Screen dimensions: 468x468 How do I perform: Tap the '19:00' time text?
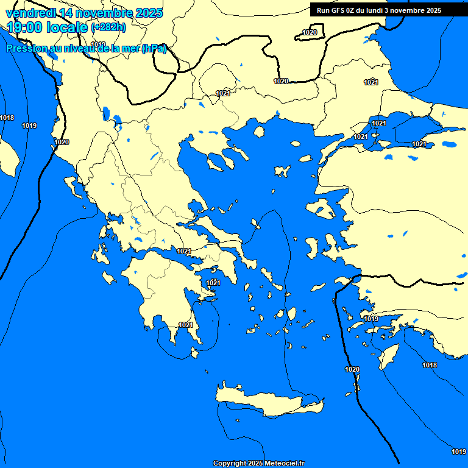point(24,27)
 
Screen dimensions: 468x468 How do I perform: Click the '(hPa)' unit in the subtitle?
point(154,49)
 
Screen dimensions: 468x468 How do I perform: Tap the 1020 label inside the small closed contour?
point(310,32)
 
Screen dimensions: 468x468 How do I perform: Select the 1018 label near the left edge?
point(7,118)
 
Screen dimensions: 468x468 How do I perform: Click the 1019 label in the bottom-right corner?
point(459,452)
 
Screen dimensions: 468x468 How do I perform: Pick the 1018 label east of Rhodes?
point(430,365)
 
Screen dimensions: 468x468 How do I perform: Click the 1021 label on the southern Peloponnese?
point(186,325)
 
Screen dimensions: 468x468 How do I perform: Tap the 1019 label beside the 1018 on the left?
point(29,126)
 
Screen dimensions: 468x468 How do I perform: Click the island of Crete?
point(268,402)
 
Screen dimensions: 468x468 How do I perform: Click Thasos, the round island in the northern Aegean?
point(259,132)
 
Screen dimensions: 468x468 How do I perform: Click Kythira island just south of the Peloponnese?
point(196,353)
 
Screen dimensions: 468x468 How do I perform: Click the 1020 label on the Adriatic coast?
point(62,142)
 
